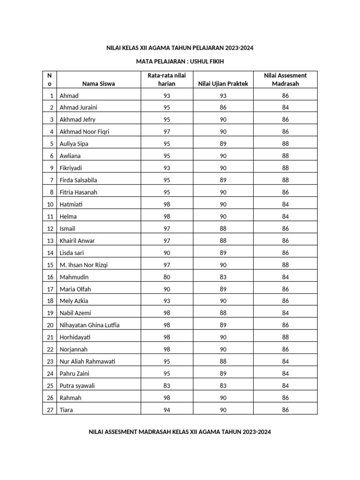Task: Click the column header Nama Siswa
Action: [98, 83]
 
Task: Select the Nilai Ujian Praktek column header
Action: [223, 83]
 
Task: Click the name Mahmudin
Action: [74, 277]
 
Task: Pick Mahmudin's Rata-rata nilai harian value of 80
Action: [166, 277]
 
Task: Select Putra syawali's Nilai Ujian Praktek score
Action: [223, 386]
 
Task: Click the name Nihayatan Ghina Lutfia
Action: [93, 325]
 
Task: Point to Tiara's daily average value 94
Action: [166, 410]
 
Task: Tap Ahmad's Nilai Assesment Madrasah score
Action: [285, 96]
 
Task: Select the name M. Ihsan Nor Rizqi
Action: [83, 265]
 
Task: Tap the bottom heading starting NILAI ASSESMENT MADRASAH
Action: [180, 432]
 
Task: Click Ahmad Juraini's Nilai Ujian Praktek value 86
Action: [223, 107]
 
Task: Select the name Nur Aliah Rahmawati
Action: [88, 361]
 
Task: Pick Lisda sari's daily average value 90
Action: [166, 253]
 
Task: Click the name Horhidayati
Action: [77, 337]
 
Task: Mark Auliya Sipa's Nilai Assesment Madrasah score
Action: [285, 144]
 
